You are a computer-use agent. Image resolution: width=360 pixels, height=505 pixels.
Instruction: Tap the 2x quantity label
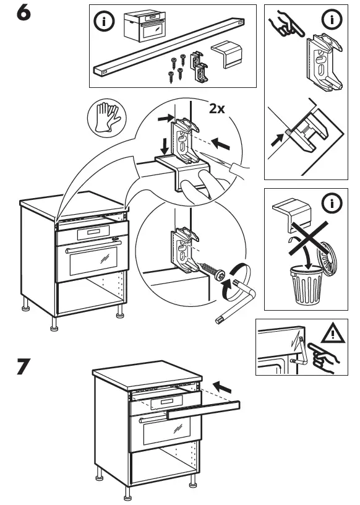click(217, 109)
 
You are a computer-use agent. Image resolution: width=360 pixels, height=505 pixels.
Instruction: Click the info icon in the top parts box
click(103, 22)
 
